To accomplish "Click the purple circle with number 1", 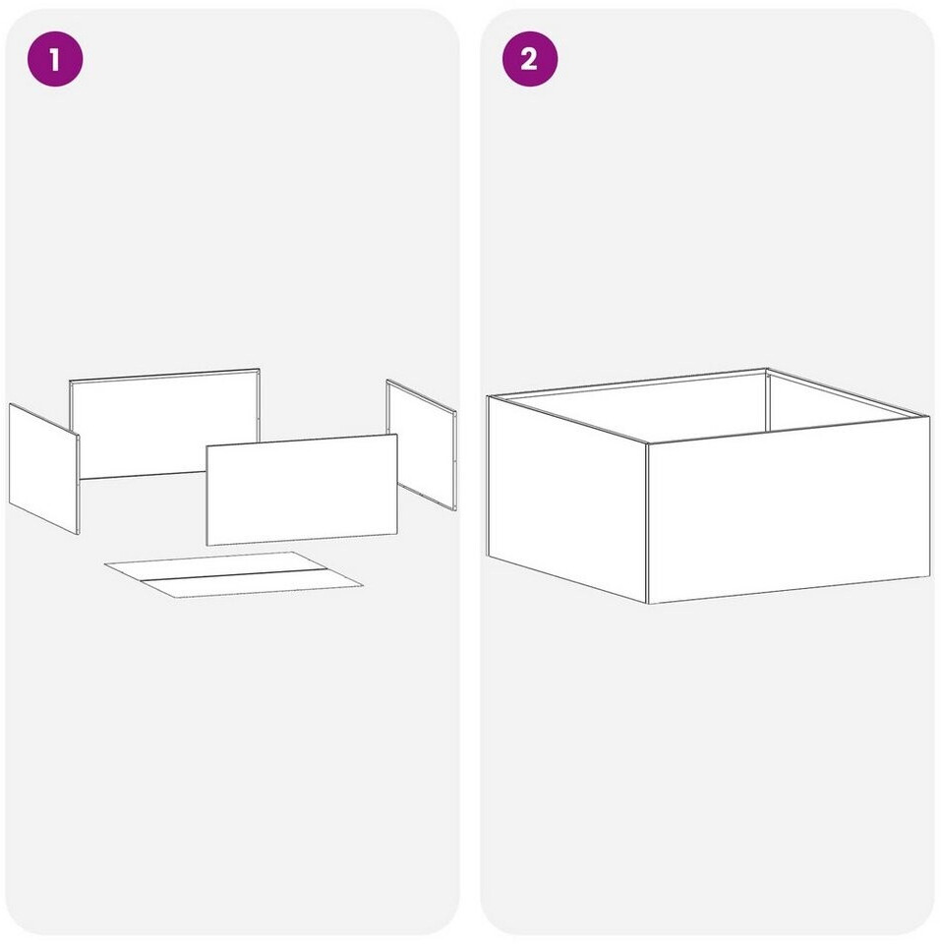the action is click(55, 59).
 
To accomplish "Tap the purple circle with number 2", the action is click(530, 59).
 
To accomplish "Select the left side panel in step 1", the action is click(44, 468).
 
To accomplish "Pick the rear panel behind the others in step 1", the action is click(164, 424).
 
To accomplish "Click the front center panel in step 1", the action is click(302, 489).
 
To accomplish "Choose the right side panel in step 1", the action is click(422, 444).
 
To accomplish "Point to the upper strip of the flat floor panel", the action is click(216, 566).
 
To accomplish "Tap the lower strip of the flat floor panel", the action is click(252, 583).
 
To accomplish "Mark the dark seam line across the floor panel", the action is click(234, 574).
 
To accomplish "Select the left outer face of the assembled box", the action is click(566, 500).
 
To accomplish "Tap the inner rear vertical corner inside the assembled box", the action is click(767, 401).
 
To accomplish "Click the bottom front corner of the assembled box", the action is click(648, 603).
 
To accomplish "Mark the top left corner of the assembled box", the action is click(487, 396).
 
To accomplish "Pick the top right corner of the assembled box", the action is click(930, 416).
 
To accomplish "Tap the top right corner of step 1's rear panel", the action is click(260, 369).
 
